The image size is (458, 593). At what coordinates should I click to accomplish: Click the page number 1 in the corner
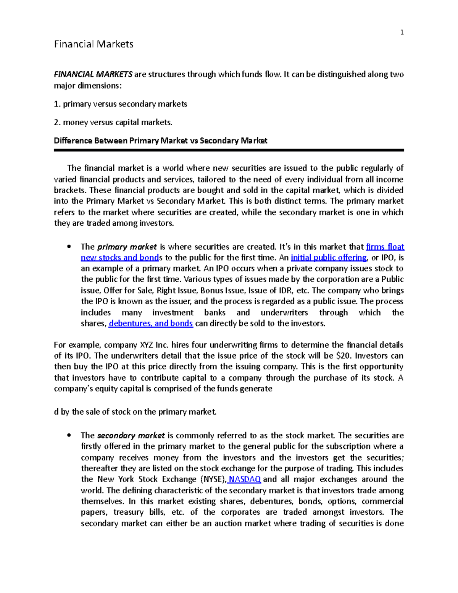tap(402, 32)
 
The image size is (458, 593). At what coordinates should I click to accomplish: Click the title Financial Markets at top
tap(94, 44)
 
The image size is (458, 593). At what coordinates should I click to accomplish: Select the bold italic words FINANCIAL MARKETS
tap(93, 74)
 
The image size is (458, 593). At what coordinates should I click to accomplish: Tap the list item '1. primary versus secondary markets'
tap(121, 104)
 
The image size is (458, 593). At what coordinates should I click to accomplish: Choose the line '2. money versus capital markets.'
tap(113, 122)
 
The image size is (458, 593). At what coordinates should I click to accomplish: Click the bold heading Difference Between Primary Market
tap(160, 141)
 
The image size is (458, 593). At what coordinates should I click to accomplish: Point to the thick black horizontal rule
tap(229, 150)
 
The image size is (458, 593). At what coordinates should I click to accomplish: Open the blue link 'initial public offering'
tap(328, 257)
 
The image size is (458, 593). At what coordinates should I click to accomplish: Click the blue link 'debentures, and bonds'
tap(151, 323)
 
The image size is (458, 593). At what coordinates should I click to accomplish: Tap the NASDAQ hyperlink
tap(244, 479)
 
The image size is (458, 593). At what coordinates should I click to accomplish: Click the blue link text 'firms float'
tap(385, 247)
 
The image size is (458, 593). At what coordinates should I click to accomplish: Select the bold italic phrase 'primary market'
tap(127, 247)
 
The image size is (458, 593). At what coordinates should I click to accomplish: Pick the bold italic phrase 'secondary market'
tap(131, 435)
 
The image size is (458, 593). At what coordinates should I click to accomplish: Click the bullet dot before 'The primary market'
tap(69, 247)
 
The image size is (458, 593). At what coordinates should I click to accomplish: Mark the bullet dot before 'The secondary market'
tap(69, 435)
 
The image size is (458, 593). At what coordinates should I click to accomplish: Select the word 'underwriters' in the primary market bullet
tap(284, 312)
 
